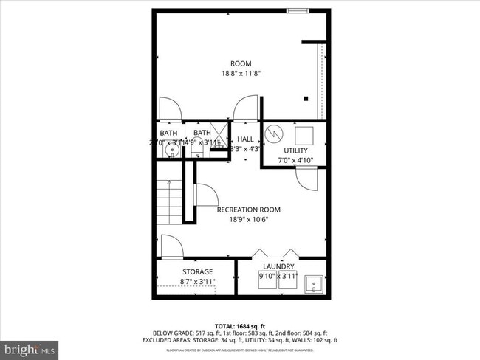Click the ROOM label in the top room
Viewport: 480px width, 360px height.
point(241,63)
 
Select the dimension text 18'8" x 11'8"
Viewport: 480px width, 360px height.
point(241,74)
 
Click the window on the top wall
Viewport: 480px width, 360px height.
point(298,10)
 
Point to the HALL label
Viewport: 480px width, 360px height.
point(245,139)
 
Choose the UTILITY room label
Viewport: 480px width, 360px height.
point(295,150)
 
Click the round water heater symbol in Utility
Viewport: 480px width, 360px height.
point(274,134)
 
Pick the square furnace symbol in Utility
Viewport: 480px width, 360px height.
point(304,134)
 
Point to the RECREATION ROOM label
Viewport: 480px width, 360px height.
point(248,210)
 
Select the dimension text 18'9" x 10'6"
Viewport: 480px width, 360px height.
point(248,219)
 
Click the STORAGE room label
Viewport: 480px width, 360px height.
point(198,271)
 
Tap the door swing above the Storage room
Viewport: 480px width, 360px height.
point(170,246)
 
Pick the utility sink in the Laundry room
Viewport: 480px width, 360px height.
point(315,282)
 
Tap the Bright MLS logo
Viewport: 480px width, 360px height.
point(30,347)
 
